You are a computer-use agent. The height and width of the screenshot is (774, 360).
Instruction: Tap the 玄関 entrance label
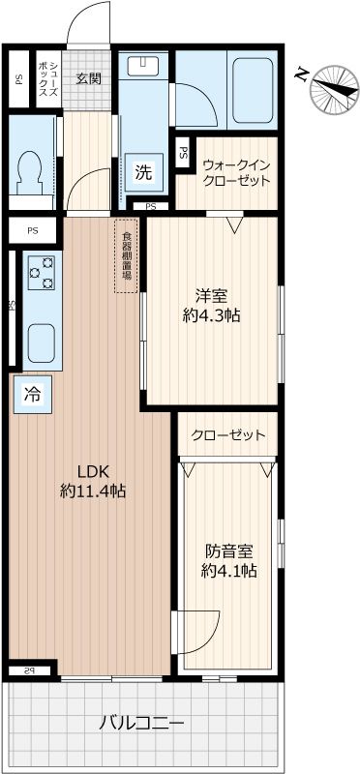click(x=89, y=78)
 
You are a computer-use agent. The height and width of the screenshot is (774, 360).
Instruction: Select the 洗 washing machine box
click(x=143, y=174)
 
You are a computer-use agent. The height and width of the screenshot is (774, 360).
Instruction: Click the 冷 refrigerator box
click(x=32, y=394)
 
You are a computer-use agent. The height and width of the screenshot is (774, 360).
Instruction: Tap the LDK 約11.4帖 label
click(x=93, y=481)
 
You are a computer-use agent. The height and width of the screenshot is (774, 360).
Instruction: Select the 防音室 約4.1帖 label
click(x=228, y=561)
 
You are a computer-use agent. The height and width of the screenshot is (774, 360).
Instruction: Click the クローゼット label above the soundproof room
click(x=228, y=435)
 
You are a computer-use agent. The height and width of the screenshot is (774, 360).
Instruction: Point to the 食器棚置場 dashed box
click(x=127, y=256)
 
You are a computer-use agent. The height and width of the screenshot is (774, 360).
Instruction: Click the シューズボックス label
click(x=50, y=78)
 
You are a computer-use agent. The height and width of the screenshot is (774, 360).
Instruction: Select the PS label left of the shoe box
click(x=18, y=80)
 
